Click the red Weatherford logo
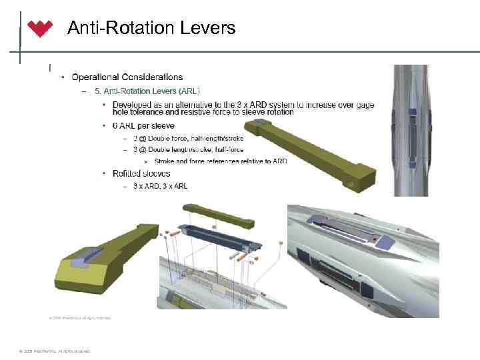click(x=40, y=29)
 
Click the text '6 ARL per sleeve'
click(x=143, y=125)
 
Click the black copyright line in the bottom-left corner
click(x=51, y=351)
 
